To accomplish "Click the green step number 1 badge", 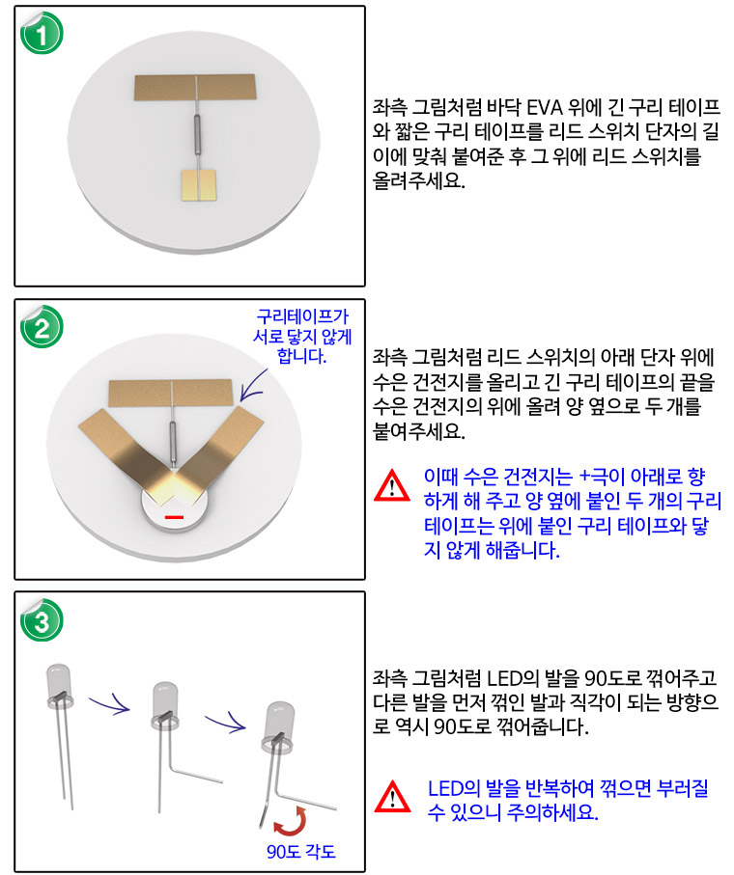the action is pos(42,33).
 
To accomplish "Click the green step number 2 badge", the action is pos(42,326).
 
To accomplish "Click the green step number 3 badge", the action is pos(42,619).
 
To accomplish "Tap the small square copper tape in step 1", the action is pos(198,184).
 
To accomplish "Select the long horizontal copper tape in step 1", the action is pos(195,88).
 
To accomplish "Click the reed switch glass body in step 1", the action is pos(196,136).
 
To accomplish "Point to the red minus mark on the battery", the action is pos(174,517).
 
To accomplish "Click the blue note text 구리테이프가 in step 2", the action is pos(302,316).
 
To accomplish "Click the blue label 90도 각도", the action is pos(301,852).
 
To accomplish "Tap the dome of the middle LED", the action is pos(164,697).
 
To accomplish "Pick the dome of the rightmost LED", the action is pos(278,721).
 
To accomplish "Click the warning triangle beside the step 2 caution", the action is pos(391,485).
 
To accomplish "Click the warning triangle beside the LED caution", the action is pos(392,796).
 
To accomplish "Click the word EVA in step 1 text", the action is pos(546,106).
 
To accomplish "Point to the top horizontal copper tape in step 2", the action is pos(170,393).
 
